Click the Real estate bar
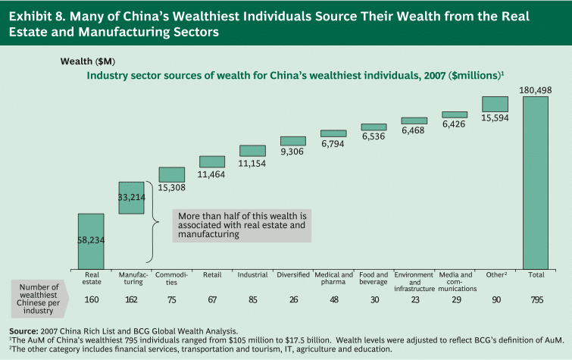(x=91, y=240)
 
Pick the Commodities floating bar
(x=172, y=174)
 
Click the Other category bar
(x=495, y=104)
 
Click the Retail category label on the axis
(x=212, y=274)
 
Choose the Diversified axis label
(x=293, y=274)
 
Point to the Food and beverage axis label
(x=374, y=278)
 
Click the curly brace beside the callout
(x=155, y=222)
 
